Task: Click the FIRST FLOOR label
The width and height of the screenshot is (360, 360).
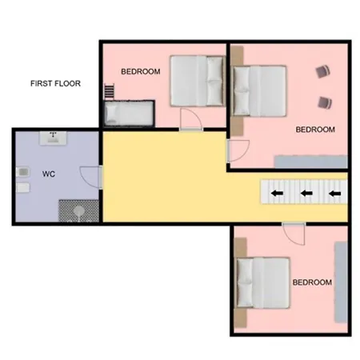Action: coord(55,83)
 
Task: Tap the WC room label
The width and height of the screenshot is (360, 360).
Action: coord(49,174)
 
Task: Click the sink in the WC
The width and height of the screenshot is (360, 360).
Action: coord(53,138)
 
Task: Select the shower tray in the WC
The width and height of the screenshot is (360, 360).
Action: coord(78,210)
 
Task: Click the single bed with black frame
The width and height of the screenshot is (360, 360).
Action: coord(130,114)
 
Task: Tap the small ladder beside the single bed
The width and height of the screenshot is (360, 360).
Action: coord(109,91)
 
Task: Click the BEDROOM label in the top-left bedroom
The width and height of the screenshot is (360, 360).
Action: coord(141,71)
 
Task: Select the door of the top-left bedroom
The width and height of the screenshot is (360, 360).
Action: coord(190,119)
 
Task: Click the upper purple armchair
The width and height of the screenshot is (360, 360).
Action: coord(323,71)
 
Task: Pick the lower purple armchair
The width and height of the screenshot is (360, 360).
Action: coord(325,102)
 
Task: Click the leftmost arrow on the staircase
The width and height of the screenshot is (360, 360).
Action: coord(278,193)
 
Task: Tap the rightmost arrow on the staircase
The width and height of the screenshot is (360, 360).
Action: coord(335,194)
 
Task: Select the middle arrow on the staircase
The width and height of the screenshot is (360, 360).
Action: coord(306,193)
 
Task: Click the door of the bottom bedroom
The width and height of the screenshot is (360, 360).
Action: coord(294,234)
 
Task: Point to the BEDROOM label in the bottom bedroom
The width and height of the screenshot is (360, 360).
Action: coord(312,282)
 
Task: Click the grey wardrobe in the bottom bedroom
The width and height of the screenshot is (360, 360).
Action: coord(341,282)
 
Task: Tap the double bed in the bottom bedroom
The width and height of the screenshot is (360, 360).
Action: coord(263,282)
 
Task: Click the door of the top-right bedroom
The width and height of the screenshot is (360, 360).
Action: coord(238,151)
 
